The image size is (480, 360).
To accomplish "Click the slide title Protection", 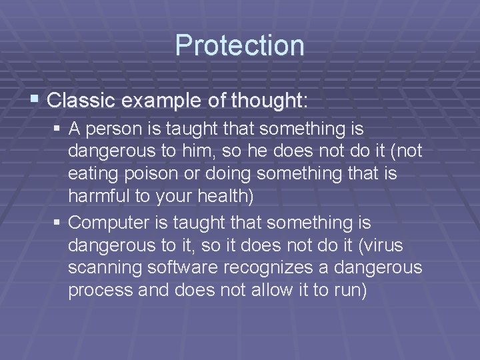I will [x=239, y=45].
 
